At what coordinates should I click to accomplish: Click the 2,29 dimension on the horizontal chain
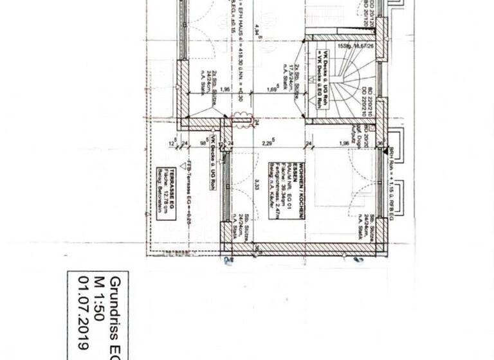(x=265, y=143)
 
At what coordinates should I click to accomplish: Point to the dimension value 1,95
(x=225, y=90)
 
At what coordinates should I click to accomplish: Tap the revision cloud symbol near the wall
(x=242, y=118)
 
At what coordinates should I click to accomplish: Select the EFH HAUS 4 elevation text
(x=233, y=39)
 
